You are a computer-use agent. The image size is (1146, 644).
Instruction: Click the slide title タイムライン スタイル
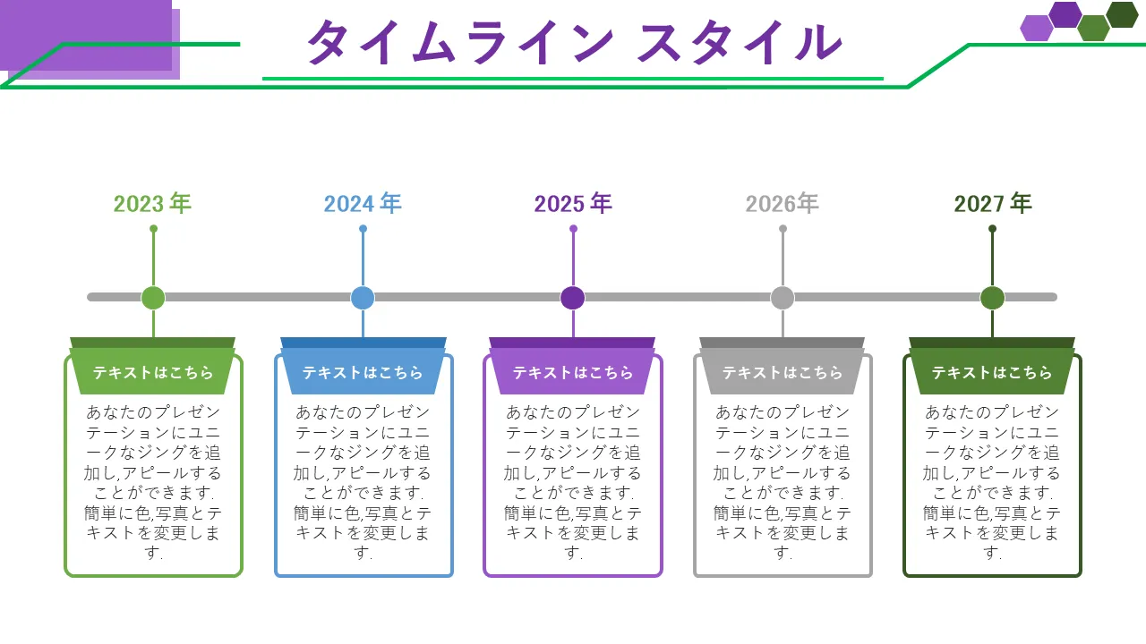point(574,42)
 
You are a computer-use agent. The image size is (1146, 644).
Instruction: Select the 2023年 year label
point(152,204)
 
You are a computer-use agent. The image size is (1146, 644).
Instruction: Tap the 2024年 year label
point(363,204)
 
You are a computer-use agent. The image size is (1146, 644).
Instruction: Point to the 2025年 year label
point(573,204)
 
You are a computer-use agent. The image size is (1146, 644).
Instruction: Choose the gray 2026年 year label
point(783,204)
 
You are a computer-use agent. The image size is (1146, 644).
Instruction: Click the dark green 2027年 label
point(993,204)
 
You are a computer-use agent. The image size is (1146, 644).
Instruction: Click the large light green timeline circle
point(153,298)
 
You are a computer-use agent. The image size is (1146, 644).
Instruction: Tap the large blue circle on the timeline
point(363,298)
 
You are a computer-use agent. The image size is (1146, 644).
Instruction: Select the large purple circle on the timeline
point(573,298)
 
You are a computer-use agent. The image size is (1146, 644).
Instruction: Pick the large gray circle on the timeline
point(783,298)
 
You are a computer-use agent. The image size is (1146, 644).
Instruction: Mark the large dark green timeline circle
point(992,298)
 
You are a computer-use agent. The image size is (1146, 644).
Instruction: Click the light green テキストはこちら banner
point(153,372)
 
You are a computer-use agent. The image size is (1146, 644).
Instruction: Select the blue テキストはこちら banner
point(363,372)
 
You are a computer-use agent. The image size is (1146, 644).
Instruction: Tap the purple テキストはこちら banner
point(573,372)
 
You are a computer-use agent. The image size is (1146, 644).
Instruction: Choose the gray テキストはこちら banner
point(783,372)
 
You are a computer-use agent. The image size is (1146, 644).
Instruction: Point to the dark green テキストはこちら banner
point(992,372)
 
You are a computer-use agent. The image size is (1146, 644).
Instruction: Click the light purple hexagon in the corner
point(1037,29)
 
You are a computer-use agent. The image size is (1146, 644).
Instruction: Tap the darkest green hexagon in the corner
point(1122,14)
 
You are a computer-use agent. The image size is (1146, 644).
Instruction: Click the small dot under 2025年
point(573,229)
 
